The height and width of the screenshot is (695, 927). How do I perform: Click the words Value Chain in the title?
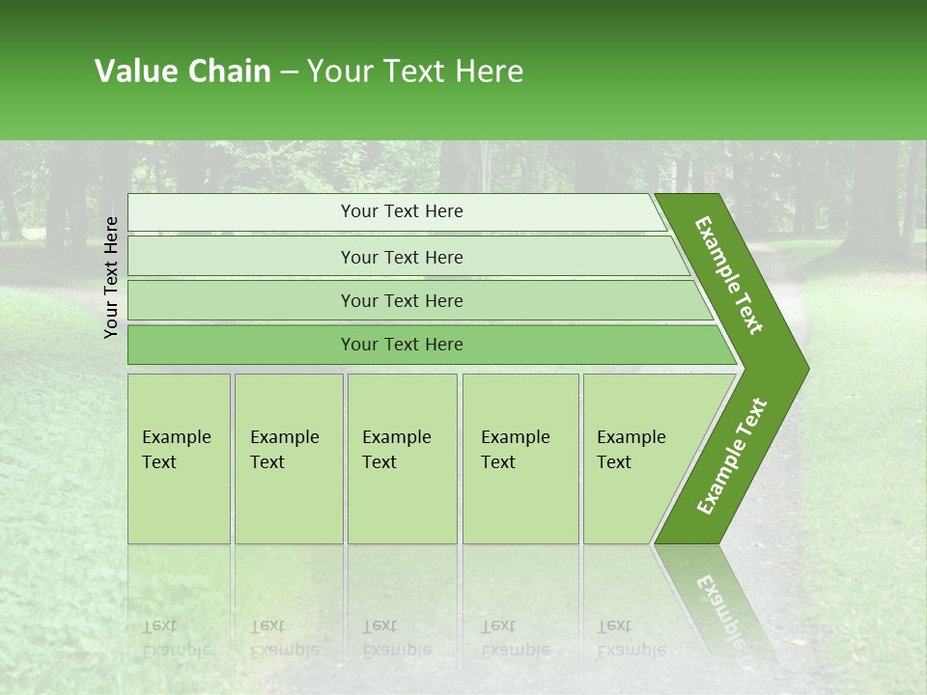tap(183, 71)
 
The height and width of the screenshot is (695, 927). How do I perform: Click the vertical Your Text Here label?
tap(111, 277)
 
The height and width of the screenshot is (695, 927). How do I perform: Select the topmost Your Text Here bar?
tap(401, 212)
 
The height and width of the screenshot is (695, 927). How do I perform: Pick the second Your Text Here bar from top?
tap(401, 258)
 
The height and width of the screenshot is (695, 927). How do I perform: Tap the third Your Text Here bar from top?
tap(401, 301)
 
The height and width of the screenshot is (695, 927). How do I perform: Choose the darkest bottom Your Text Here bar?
tap(401, 345)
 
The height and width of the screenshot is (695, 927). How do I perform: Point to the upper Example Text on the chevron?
tap(729, 275)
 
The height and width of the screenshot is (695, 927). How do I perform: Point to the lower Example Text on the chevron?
tap(731, 456)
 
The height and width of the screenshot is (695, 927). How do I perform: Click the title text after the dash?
tap(415, 71)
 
